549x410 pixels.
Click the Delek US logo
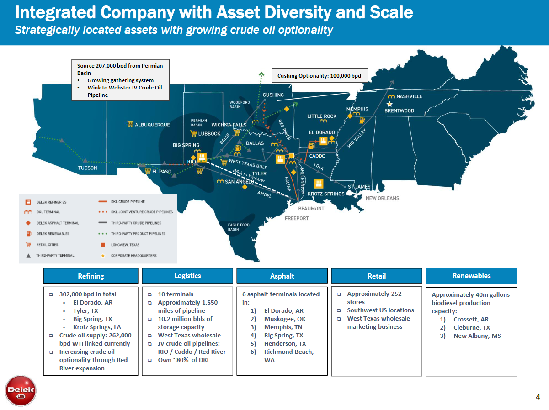21,390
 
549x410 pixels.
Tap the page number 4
538,397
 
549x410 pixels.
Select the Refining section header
91,276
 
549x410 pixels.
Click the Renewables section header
471,276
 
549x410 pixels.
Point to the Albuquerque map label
152,125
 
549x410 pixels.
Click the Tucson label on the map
87,168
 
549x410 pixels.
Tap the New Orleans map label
382,198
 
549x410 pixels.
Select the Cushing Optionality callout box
319,76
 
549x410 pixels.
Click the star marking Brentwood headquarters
389,104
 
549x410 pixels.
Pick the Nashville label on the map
409,96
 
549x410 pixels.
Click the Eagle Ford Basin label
239,227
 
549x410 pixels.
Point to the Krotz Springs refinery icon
319,184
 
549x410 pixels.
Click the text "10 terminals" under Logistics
176,294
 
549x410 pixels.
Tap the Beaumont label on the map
311,208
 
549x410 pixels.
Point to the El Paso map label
161,172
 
